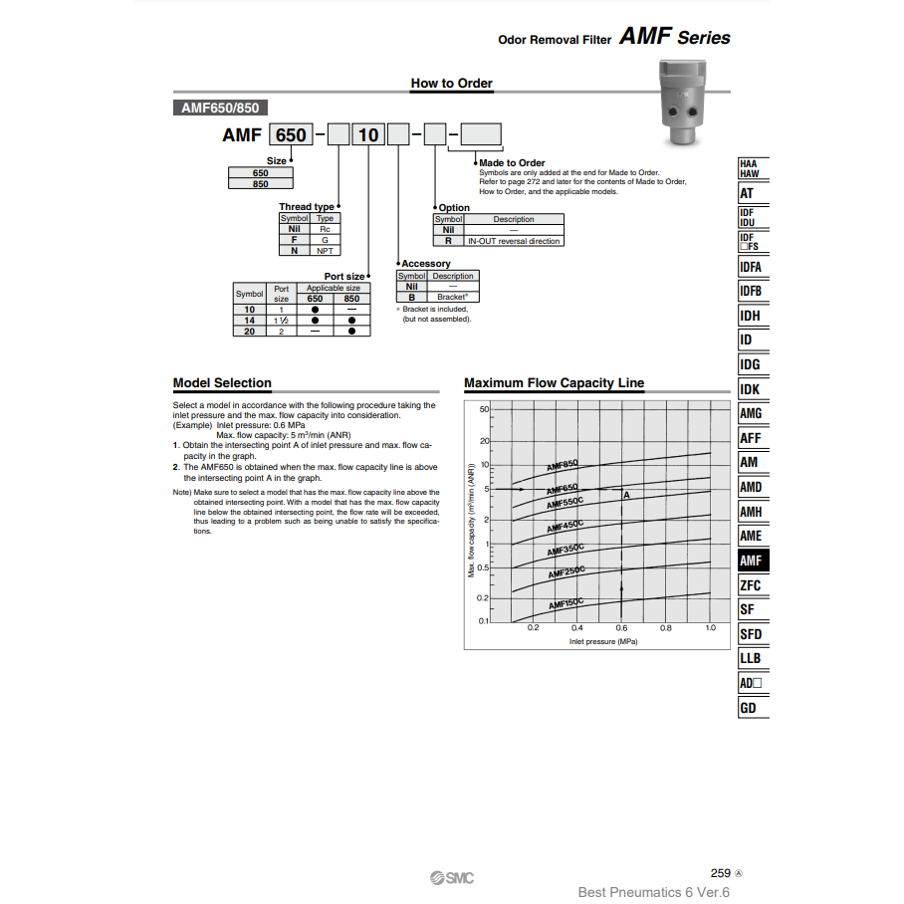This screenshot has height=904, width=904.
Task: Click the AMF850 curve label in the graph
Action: click(x=563, y=464)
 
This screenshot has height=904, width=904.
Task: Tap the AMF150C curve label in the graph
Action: click(x=565, y=603)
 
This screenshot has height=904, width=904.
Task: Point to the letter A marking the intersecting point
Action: click(x=626, y=495)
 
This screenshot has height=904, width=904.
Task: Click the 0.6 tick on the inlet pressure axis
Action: click(x=621, y=628)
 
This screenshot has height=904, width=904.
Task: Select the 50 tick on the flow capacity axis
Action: click(x=484, y=409)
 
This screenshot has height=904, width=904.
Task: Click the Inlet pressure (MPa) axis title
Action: click(x=603, y=642)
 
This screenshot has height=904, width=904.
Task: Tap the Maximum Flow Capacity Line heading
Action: click(x=554, y=383)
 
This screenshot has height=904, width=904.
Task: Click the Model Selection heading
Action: click(x=222, y=383)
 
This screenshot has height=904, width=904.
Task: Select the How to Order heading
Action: click(x=452, y=84)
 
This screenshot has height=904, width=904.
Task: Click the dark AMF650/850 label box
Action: click(x=220, y=109)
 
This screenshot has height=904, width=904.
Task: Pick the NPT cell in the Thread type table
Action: click(x=325, y=251)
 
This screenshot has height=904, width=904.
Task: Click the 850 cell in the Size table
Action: click(x=261, y=184)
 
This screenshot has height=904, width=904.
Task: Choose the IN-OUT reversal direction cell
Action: click(x=514, y=241)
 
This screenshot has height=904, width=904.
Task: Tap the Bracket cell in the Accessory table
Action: click(x=453, y=297)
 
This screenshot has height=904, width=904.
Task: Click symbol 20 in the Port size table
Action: click(x=250, y=332)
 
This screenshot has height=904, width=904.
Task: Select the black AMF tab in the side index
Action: click(x=751, y=561)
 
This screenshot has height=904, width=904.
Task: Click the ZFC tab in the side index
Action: click(x=751, y=585)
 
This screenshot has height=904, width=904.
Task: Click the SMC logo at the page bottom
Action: click(x=452, y=877)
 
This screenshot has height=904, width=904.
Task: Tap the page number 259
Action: click(x=721, y=873)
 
